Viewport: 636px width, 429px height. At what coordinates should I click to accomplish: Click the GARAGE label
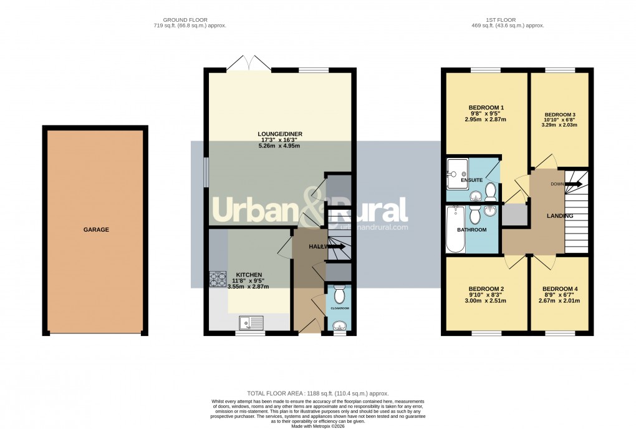click(96, 230)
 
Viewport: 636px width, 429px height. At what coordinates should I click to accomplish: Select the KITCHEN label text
click(248, 275)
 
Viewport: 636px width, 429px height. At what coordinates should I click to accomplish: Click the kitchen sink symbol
click(253, 323)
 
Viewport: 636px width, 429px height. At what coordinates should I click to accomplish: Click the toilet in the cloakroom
click(339, 294)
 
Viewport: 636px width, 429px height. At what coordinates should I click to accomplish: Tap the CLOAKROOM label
click(339, 308)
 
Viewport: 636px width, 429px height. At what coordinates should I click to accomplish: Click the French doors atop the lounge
click(248, 62)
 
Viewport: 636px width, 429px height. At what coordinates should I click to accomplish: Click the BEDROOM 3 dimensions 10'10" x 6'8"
click(561, 120)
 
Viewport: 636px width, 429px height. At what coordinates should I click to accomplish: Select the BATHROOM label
click(472, 230)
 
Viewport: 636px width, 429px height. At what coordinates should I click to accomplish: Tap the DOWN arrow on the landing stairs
click(573, 184)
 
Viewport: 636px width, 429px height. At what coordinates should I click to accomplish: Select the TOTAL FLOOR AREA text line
click(317, 393)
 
